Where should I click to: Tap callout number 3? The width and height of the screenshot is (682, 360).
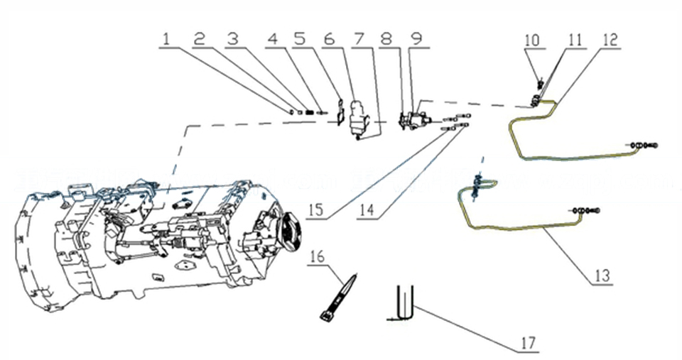click(x=232, y=39)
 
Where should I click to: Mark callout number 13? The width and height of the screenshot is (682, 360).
click(x=602, y=276)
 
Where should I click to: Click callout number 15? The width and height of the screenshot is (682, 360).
click(x=317, y=212)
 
